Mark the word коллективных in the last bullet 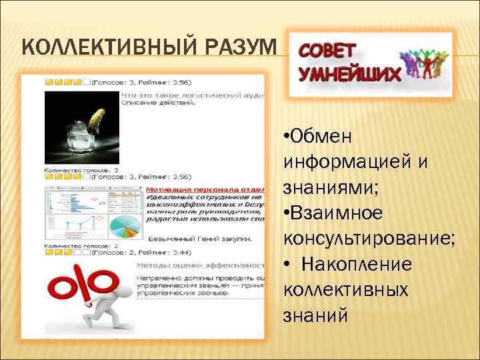(x=345, y=289)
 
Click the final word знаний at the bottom (x=315, y=315)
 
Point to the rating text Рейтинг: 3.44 (x=169, y=253)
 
